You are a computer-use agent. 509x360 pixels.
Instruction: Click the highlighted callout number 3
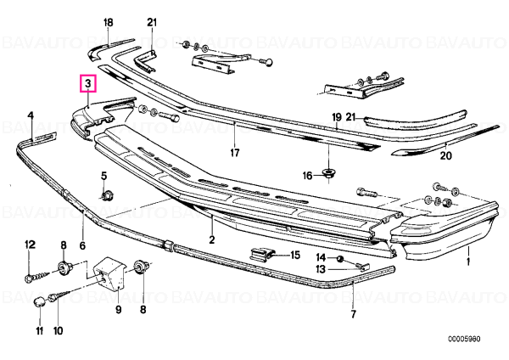[x=88, y=84]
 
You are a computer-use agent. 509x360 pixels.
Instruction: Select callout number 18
[x=108, y=22]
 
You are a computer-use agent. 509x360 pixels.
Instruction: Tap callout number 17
[x=235, y=152]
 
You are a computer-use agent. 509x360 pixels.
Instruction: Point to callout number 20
[x=445, y=156]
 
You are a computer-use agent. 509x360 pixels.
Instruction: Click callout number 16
[x=307, y=176]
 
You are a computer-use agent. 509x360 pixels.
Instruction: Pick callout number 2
[x=211, y=239]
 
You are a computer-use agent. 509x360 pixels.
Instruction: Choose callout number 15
[x=294, y=255]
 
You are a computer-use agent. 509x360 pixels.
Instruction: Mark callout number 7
[x=353, y=314]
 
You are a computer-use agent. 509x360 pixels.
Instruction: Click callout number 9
[x=119, y=310]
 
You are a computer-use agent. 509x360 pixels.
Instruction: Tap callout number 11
[x=39, y=331]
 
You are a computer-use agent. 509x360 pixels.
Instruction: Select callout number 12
[x=31, y=245]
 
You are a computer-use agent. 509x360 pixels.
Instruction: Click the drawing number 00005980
[x=464, y=340]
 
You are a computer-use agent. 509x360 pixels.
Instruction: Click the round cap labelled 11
[x=40, y=302]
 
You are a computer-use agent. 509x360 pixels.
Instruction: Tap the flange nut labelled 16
[x=328, y=173]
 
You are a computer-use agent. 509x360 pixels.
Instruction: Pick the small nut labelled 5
[x=104, y=196]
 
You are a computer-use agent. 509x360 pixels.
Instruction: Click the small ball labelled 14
[x=339, y=258]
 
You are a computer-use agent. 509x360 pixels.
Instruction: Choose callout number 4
[x=31, y=115]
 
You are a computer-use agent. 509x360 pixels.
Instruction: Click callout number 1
[x=467, y=262]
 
